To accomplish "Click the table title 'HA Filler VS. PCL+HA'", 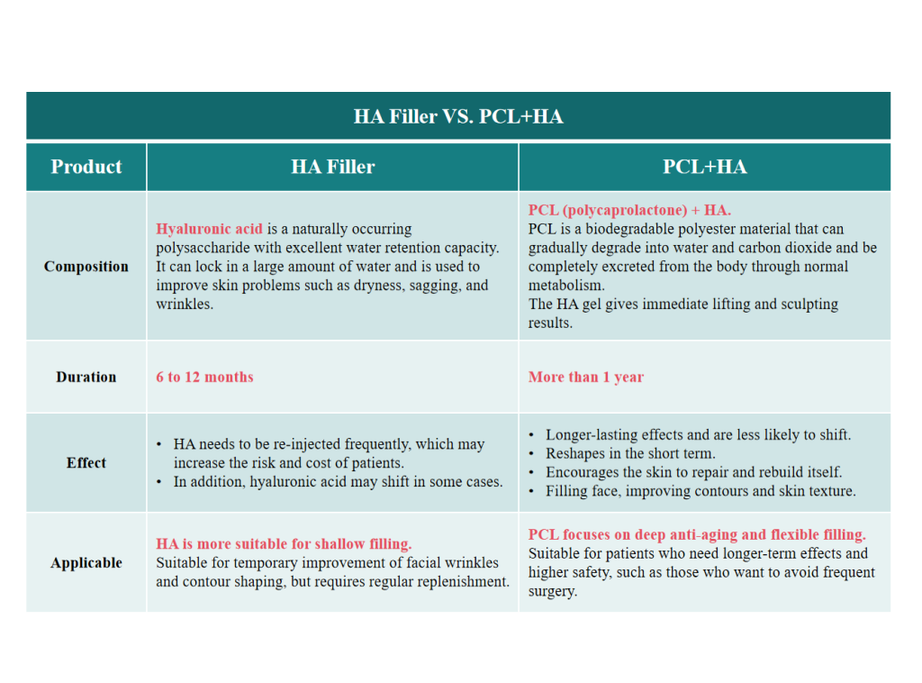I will coord(458,117).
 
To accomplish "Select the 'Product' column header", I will coord(86,167).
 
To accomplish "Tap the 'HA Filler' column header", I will coord(332,167).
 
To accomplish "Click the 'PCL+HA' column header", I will coord(704,167).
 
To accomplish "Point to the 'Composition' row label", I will coord(86,267).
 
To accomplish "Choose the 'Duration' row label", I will coord(86,378).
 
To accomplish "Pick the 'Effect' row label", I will coord(86,463).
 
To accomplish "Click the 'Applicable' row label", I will coord(86,563).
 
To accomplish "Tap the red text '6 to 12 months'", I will coord(204,378).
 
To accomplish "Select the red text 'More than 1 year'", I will coord(586,378).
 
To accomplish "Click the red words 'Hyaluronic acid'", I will coord(209,229).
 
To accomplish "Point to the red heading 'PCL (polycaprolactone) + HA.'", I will coord(629,211).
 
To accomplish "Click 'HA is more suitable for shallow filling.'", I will coord(284,544).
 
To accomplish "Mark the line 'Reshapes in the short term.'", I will coord(630,454).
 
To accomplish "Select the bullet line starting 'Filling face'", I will coord(701,492).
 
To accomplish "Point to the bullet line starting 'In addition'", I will coord(338,482).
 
